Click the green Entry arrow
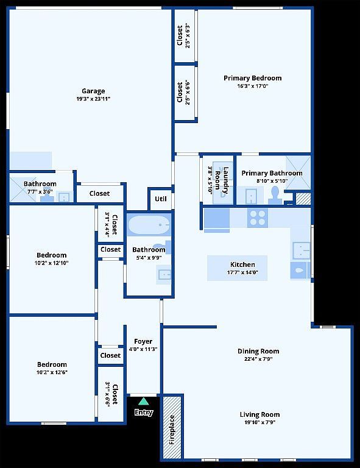tap(144, 401)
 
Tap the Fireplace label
tap(172, 430)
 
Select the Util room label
tap(160, 199)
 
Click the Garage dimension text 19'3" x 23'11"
tap(93, 99)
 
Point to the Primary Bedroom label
tap(253, 78)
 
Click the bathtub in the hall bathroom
tap(149, 225)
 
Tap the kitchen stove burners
tap(258, 218)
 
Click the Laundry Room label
tap(222, 180)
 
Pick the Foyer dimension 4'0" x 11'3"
tap(143, 349)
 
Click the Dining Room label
tap(258, 351)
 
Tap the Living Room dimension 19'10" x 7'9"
tap(259, 422)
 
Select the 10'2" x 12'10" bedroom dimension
tap(52, 263)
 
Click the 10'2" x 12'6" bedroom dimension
tap(52, 372)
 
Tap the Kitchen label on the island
tap(242, 264)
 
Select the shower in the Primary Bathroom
tap(298, 172)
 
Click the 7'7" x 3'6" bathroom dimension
tap(40, 191)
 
